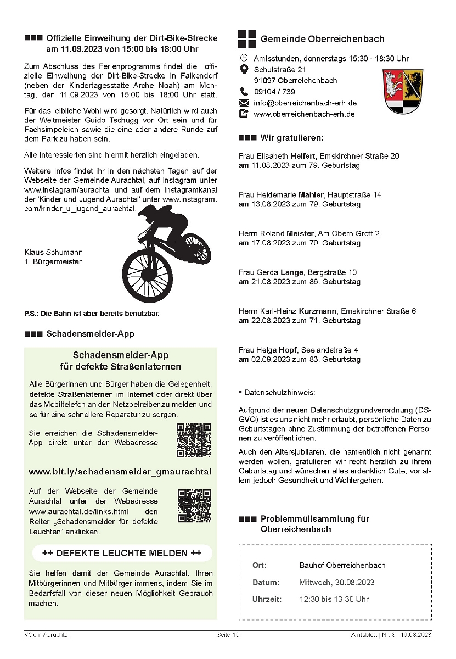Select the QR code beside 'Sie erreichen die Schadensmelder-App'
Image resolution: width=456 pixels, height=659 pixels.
(194, 440)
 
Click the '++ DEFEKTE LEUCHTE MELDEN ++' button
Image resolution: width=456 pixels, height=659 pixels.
(122, 552)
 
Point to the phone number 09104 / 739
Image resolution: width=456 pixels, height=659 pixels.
(274, 92)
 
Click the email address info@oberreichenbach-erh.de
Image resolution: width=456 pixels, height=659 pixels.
(305, 103)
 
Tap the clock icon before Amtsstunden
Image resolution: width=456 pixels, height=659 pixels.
(244, 58)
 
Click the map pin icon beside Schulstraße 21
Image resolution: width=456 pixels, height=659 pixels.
(244, 70)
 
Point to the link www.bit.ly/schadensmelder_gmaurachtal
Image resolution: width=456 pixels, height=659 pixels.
(120, 472)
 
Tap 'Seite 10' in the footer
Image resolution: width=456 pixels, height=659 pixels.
(228, 635)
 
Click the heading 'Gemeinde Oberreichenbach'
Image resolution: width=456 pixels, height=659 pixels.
(322, 39)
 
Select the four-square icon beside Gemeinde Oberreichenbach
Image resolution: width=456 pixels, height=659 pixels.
(247, 39)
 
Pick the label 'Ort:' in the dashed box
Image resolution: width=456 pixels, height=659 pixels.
(260, 565)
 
